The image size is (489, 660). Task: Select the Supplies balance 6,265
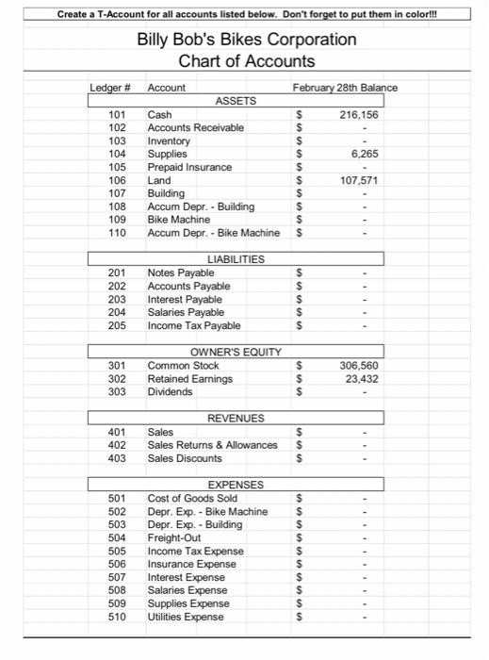click(x=364, y=154)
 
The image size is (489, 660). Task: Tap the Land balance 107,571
click(x=359, y=180)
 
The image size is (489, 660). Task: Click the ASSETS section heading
click(x=236, y=100)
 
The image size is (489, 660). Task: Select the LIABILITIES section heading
click(x=235, y=258)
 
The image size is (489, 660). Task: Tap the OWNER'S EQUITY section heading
click(x=236, y=352)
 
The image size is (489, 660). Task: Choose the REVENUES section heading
click(x=236, y=418)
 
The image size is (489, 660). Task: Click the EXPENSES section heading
click(x=236, y=484)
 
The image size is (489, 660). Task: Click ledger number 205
click(x=118, y=325)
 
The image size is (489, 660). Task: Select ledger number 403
click(x=118, y=458)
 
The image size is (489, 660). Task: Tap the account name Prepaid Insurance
click(x=189, y=167)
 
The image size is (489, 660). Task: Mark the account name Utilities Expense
click(x=186, y=617)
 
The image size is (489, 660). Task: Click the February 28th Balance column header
click(x=345, y=88)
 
